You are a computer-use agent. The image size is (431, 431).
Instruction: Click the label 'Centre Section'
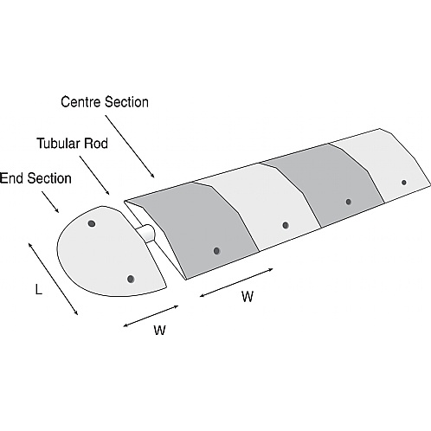(104, 102)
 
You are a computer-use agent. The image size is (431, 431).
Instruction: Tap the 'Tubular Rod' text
(72, 142)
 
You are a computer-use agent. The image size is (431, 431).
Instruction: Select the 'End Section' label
(35, 179)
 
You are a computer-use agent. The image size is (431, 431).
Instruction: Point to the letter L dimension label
(38, 290)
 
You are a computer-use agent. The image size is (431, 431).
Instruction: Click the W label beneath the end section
(159, 330)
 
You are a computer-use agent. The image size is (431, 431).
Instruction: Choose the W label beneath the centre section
(248, 297)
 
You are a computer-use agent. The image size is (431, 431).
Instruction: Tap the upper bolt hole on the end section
(91, 224)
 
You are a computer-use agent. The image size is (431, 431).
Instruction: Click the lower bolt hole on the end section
(131, 279)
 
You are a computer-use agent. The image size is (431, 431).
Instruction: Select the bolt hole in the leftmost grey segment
(215, 252)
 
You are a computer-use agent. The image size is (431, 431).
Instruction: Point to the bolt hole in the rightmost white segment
(403, 183)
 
